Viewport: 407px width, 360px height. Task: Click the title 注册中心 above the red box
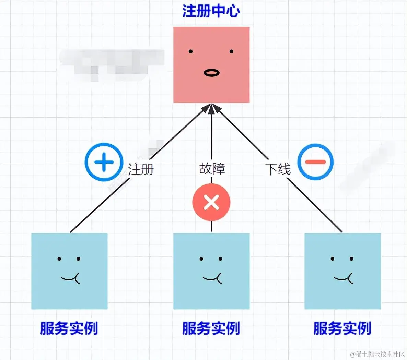tap(211, 11)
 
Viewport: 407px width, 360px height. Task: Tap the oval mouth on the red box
tap(211, 73)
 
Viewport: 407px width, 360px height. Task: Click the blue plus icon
tap(104, 162)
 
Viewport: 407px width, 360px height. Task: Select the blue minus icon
tap(315, 162)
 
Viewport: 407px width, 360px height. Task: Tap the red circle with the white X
tap(211, 202)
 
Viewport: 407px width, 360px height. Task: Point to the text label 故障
tap(212, 169)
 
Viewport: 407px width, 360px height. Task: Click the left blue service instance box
tap(69, 295)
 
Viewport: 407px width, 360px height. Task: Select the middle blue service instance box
tap(211, 295)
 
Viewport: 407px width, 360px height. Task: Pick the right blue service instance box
tap(342, 295)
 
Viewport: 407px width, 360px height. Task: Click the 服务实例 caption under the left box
tap(69, 328)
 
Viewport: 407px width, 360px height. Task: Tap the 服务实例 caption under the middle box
tap(211, 328)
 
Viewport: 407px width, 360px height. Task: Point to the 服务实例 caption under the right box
tap(342, 328)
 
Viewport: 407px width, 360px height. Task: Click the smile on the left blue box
tap(71, 278)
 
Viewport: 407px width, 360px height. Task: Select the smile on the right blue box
tap(344, 278)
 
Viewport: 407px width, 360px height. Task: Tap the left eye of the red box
tap(191, 52)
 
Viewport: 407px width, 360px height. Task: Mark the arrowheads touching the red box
tap(211, 108)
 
